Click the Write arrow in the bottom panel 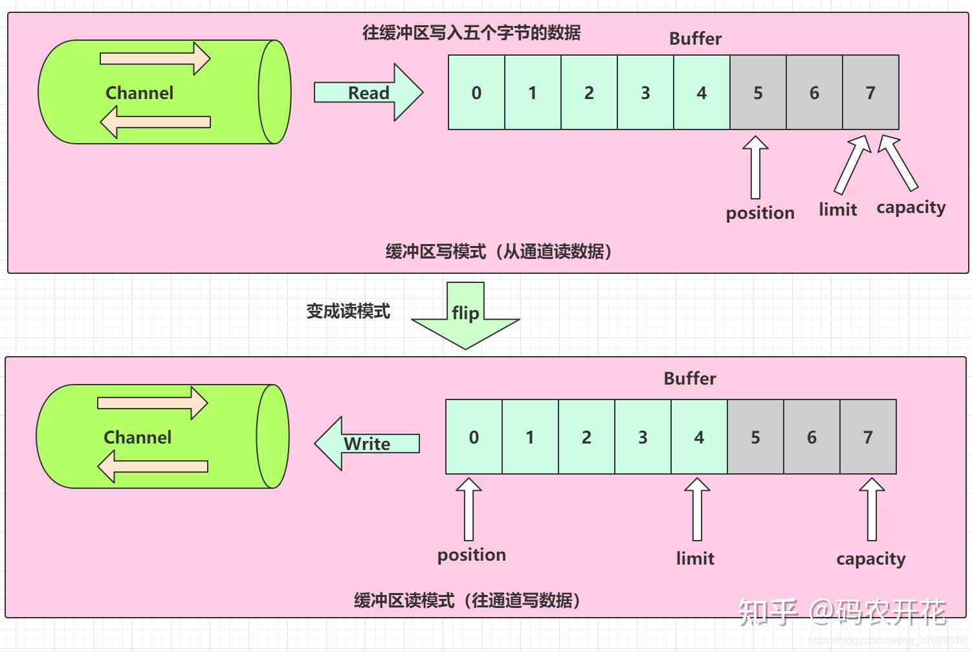[367, 444]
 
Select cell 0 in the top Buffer [476, 93]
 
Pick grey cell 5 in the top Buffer [758, 93]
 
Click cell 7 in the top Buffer [870, 93]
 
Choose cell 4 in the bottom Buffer [699, 437]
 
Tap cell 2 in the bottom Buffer [586, 437]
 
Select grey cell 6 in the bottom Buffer [812, 437]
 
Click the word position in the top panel [760, 213]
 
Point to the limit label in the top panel [837, 209]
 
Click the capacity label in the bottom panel [870, 558]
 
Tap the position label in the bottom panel [471, 555]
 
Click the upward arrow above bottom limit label [697, 510]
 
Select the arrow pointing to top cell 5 [755, 167]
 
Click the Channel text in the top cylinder [139, 93]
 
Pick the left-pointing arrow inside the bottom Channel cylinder [153, 466]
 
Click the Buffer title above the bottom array [690, 378]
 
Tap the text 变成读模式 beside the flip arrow [348, 311]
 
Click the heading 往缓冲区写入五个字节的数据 [471, 32]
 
